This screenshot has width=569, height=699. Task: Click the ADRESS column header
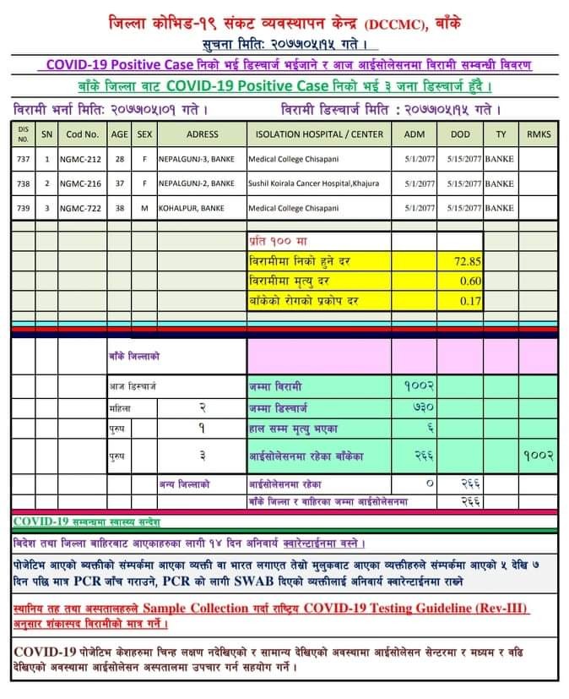(x=202, y=134)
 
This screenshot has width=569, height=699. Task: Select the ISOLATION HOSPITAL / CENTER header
(x=319, y=134)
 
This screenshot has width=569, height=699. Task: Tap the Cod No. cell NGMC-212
(x=82, y=158)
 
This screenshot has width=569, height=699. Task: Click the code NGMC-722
(x=82, y=207)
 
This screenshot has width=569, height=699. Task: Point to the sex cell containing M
(x=144, y=207)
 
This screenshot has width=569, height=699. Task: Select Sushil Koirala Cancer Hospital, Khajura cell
(x=314, y=183)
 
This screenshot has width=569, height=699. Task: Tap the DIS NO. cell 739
(x=23, y=207)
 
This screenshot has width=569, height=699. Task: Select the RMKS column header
(x=538, y=134)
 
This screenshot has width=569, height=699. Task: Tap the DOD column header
(x=460, y=134)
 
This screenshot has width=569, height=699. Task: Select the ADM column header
(x=415, y=134)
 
